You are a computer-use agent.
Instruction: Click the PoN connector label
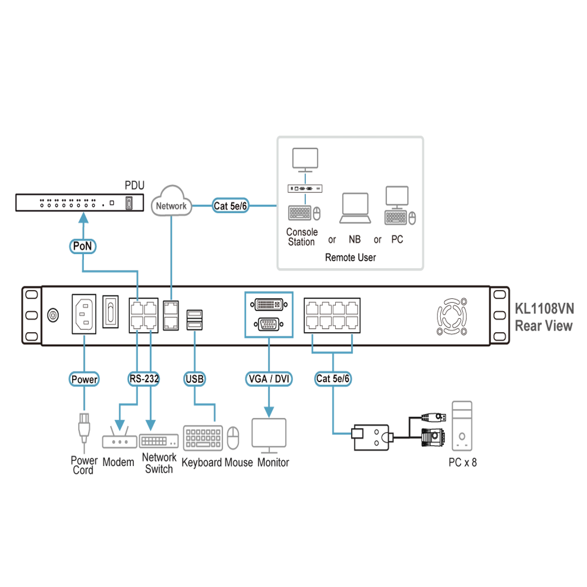click(83, 246)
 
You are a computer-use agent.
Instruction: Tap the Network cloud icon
click(171, 201)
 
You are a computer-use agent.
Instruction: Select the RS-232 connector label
click(144, 379)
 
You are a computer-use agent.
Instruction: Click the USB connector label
click(195, 379)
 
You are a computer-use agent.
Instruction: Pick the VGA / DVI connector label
click(269, 379)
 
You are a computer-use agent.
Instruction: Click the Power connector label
click(84, 379)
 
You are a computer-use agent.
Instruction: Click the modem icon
click(120, 437)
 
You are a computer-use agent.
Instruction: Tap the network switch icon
click(158, 441)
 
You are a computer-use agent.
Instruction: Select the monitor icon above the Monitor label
click(269, 436)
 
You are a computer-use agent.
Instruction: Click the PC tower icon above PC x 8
click(462, 426)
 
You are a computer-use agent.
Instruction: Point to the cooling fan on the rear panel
click(452, 316)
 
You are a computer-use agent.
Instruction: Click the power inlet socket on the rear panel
click(84, 313)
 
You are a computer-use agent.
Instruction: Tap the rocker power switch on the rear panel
click(110, 312)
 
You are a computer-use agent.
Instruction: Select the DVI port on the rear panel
click(269, 305)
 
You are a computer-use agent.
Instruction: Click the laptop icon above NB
click(355, 208)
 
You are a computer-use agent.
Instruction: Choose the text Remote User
click(350, 258)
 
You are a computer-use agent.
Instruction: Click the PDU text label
click(134, 185)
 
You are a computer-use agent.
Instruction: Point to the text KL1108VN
click(544, 309)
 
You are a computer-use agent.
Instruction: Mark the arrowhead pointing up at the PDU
click(83, 218)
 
